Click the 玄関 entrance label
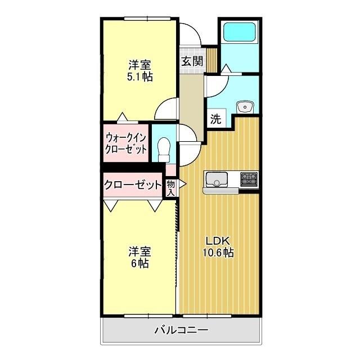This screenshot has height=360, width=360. coord(191,61)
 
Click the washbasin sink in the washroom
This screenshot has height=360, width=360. coord(245,107)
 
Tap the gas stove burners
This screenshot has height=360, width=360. coord(249,179)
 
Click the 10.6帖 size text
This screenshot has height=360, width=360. coord(218,253)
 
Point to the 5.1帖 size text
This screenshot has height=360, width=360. coord(139,76)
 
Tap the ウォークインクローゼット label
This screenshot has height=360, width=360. coord(126,144)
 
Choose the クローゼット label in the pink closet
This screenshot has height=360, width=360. coord(132,184)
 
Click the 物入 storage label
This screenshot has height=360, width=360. coord(171,188)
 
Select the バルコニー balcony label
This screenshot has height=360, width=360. coord(181,331)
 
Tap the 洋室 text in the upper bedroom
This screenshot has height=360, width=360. coord(139,64)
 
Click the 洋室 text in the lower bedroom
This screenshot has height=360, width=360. coord(139,251)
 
